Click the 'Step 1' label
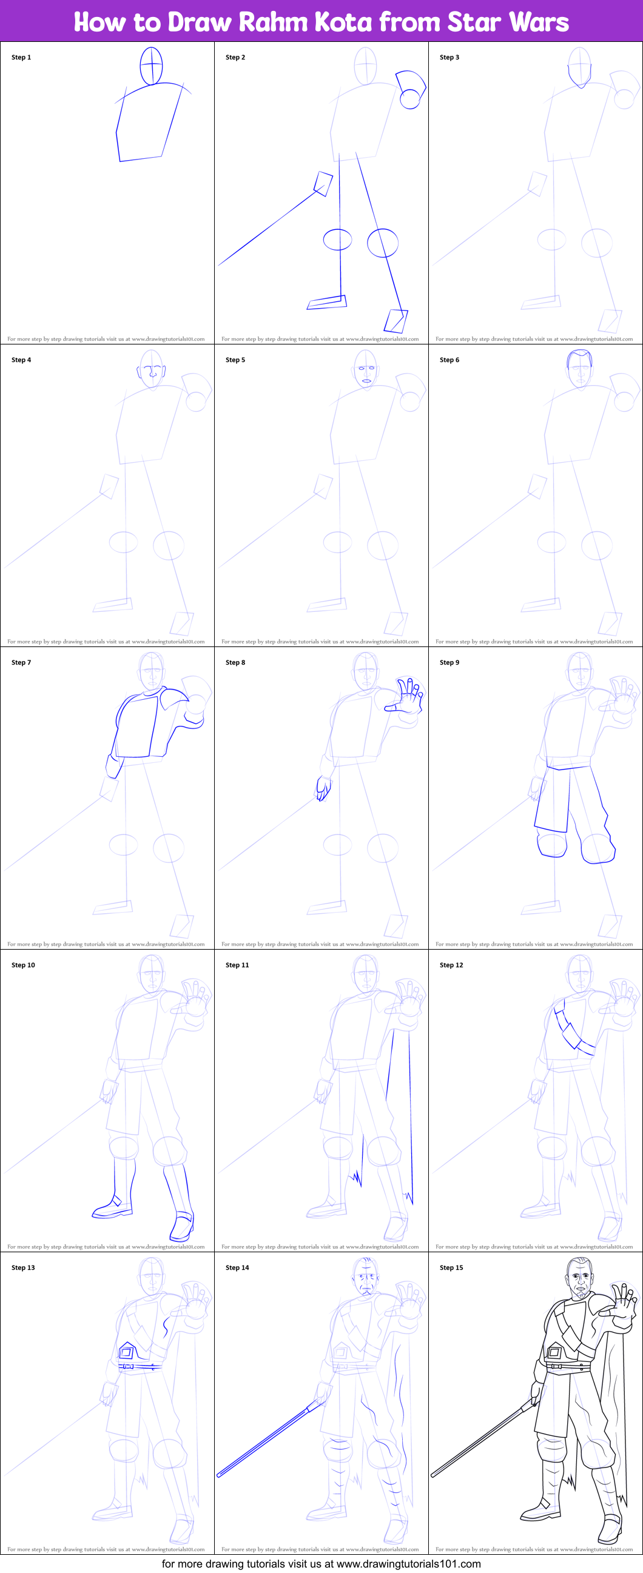pos(21,58)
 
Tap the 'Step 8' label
pos(235,663)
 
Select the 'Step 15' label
pos(451,1268)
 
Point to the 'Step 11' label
pos(237,965)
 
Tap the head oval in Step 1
pos(152,66)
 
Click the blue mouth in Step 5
pos(366,380)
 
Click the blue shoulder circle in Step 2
pos(409,99)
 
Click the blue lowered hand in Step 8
pos(323,788)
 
